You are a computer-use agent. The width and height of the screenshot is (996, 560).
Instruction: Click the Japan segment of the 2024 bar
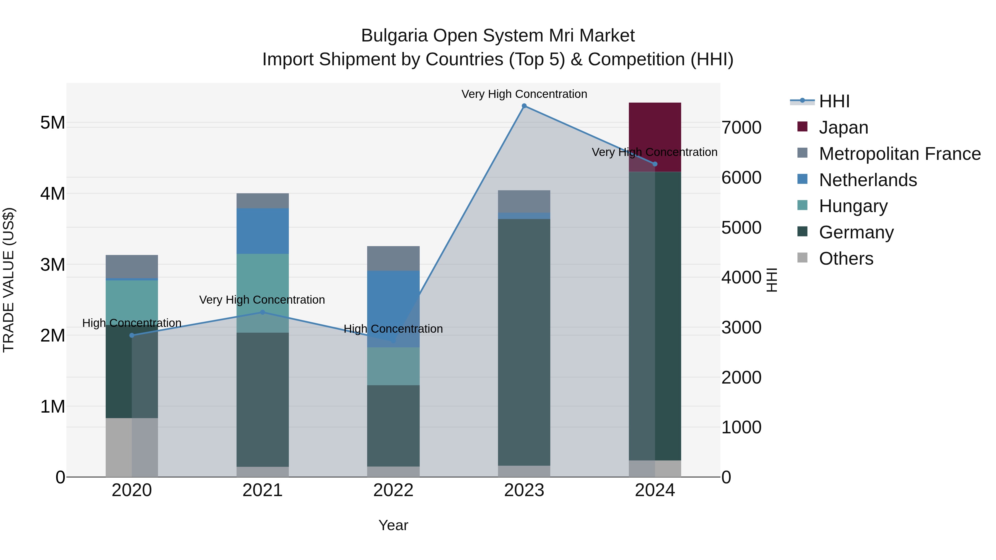click(655, 131)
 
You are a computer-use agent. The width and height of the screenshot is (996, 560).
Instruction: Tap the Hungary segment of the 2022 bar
click(393, 366)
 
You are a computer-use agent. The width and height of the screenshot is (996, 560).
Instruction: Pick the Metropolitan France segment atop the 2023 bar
click(524, 201)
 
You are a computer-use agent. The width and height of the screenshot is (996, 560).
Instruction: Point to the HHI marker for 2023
click(524, 106)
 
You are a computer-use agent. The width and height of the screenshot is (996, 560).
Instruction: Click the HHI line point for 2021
click(263, 312)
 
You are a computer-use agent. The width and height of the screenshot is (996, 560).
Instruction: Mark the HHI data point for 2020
click(132, 335)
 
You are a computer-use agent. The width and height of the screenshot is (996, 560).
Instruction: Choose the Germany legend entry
click(856, 232)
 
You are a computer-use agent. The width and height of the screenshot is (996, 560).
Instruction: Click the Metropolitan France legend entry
click(899, 154)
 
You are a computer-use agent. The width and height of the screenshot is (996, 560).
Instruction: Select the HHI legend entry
click(834, 101)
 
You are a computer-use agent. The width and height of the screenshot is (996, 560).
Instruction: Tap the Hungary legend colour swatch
click(802, 205)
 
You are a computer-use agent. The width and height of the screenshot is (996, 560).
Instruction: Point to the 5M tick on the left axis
click(53, 123)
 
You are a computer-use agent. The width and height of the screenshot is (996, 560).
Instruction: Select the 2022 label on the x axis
click(393, 490)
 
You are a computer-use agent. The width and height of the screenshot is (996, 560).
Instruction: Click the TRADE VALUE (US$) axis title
click(9, 280)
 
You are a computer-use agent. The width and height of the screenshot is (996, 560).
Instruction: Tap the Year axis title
click(393, 525)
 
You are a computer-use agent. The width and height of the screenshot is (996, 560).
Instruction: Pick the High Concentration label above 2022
click(393, 329)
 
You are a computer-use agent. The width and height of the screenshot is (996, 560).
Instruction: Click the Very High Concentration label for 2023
click(524, 94)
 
